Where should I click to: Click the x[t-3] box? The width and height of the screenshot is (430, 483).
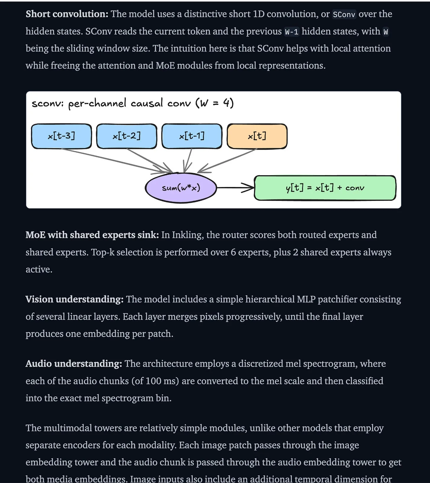(61, 136)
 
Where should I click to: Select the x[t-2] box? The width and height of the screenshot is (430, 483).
(127, 136)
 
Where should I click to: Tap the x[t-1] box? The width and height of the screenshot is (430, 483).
(192, 136)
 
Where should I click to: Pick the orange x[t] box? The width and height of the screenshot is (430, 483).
(257, 136)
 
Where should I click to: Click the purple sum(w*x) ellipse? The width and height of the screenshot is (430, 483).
(181, 188)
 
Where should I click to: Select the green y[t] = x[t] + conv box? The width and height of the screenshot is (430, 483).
(325, 188)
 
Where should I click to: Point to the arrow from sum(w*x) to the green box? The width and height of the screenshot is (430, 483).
(235, 188)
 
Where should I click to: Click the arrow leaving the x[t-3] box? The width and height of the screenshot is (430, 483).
(117, 161)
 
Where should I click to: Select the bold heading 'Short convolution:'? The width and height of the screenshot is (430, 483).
(67, 14)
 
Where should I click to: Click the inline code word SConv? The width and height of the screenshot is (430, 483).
(344, 14)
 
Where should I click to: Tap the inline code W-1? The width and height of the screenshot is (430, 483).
(292, 32)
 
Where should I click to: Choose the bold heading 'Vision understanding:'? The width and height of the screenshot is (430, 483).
(74, 299)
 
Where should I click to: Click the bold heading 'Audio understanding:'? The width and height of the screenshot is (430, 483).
(74, 364)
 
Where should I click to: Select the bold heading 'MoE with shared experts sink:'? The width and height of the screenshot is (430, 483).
(92, 235)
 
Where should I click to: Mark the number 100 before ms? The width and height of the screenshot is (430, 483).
(153, 381)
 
